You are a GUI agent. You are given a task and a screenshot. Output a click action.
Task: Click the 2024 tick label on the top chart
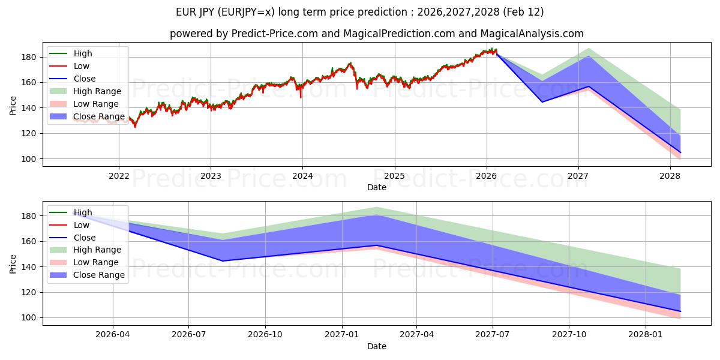(x=302, y=176)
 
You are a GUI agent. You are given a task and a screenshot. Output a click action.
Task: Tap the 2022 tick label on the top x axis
(x=118, y=176)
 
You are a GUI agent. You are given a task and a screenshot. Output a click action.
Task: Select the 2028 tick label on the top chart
(x=670, y=176)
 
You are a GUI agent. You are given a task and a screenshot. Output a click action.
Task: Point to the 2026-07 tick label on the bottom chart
(x=188, y=335)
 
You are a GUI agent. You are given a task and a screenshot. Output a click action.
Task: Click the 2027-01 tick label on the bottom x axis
(x=342, y=335)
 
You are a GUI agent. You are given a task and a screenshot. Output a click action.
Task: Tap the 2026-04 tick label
(x=112, y=335)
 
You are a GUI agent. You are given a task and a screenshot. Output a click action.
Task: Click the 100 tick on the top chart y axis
(x=31, y=159)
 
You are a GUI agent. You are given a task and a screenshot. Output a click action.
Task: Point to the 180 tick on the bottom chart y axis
(x=31, y=216)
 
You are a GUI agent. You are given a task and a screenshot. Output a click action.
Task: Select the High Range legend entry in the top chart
(x=97, y=91)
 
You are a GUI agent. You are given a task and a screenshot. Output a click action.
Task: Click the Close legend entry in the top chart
(x=84, y=79)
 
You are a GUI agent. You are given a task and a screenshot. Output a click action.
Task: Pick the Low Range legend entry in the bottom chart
(x=96, y=262)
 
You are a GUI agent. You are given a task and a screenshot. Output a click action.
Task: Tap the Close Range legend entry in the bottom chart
(x=98, y=275)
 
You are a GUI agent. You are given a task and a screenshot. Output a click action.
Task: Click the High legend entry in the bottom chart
(x=83, y=212)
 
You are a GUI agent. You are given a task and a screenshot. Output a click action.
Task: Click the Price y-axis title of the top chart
(x=13, y=106)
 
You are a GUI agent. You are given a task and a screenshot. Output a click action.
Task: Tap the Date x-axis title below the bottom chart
(x=376, y=346)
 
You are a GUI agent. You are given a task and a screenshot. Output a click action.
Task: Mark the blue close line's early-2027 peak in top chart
(x=589, y=86)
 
